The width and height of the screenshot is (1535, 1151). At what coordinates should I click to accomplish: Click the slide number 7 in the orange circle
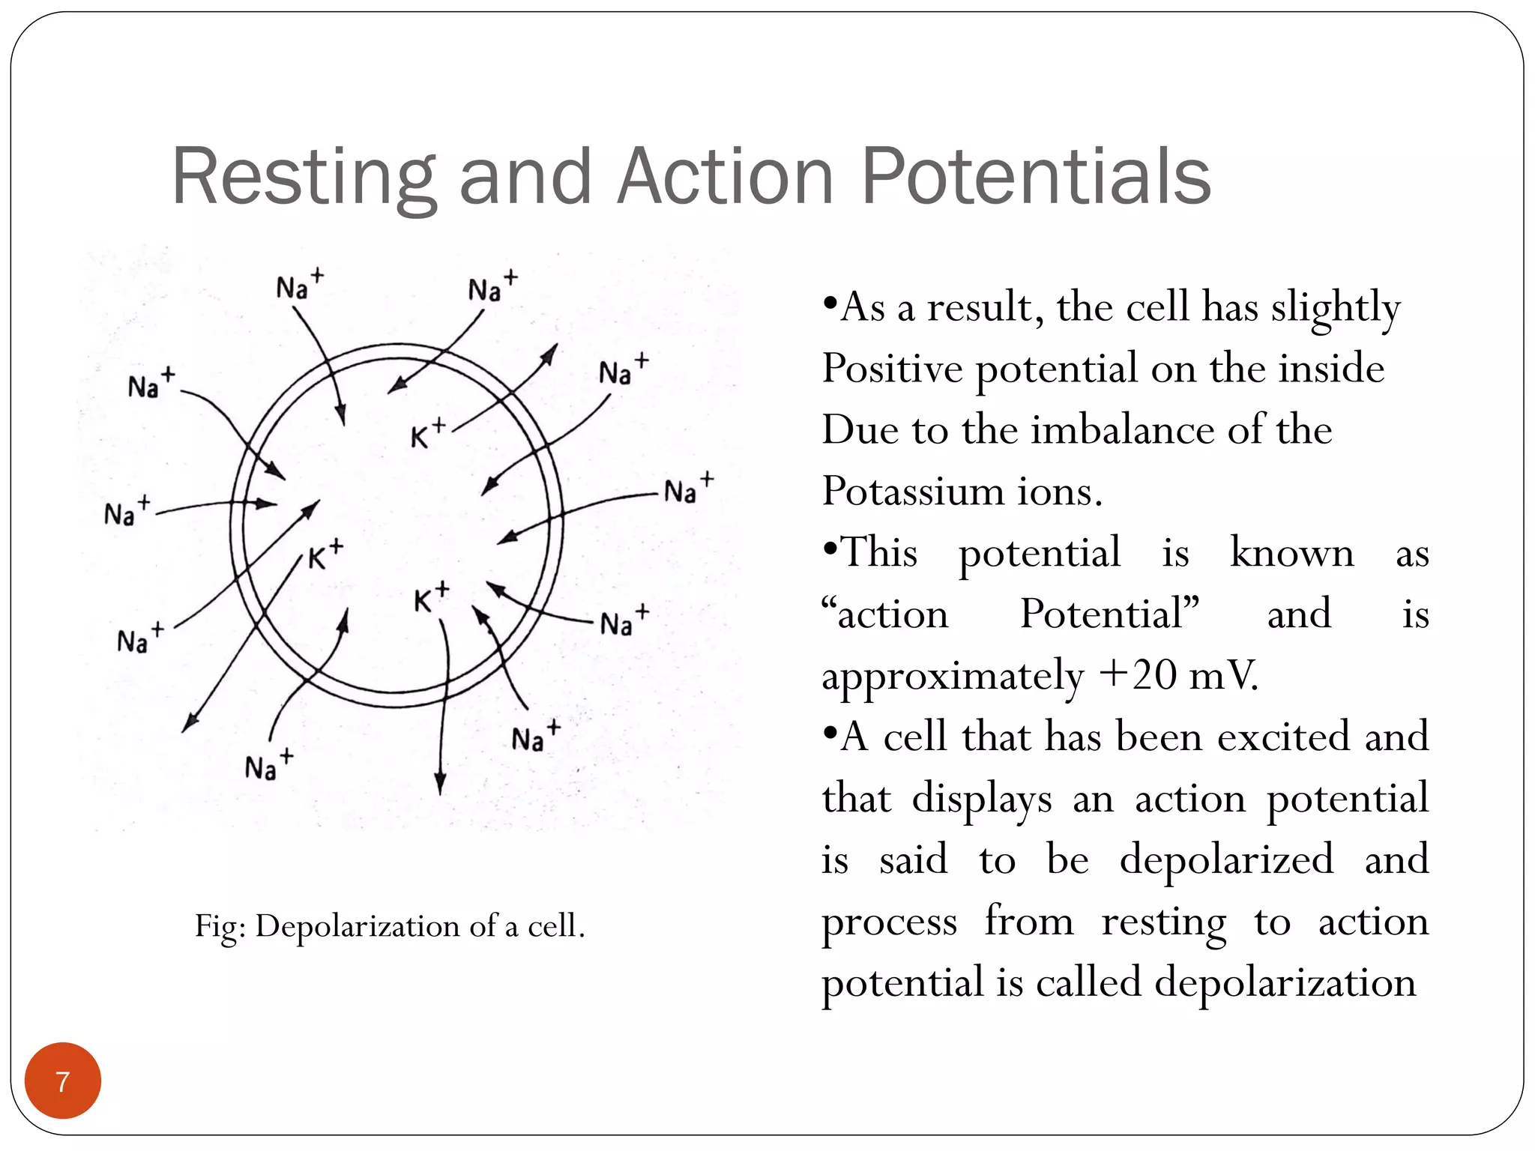click(62, 1081)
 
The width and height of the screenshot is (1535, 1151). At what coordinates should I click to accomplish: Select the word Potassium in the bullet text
click(913, 492)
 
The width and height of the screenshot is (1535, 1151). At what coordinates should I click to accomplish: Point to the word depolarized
click(1226, 860)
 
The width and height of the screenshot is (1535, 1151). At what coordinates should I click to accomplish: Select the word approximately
click(953, 677)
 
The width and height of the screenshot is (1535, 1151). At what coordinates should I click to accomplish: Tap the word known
click(1292, 553)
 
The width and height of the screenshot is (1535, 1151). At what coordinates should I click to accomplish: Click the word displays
click(982, 799)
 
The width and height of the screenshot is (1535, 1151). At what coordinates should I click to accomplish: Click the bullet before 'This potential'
click(829, 550)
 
